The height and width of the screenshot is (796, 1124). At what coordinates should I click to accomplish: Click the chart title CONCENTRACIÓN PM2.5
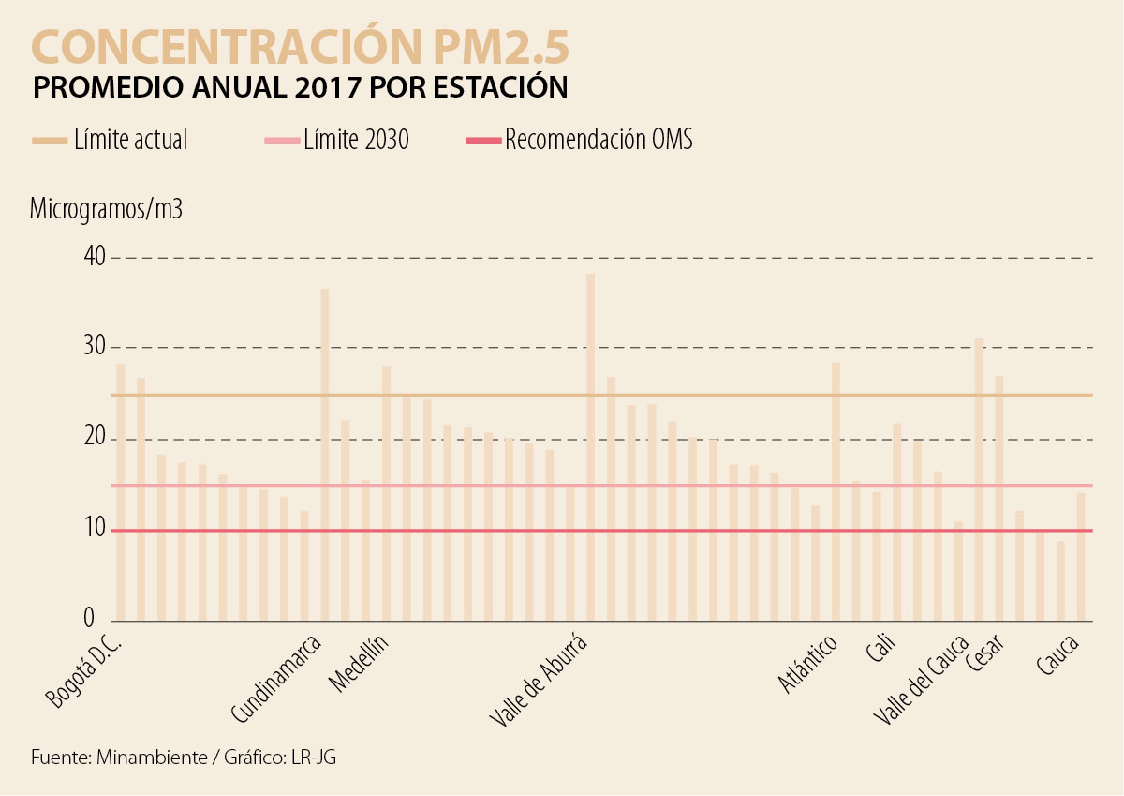coord(301,46)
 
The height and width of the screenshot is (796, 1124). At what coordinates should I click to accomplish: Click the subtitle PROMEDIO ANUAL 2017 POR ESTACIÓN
coord(300,87)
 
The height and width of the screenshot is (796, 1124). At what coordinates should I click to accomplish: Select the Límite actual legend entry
coord(130,141)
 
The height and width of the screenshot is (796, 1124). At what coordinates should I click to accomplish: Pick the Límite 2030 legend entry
coord(356,141)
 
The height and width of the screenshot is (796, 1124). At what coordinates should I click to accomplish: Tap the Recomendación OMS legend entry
coord(599,141)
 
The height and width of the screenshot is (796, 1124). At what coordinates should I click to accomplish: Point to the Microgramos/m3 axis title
coord(106,209)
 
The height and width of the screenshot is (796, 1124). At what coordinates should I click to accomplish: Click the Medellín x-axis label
coord(360,664)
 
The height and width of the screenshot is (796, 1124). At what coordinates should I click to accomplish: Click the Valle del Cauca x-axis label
coord(921,679)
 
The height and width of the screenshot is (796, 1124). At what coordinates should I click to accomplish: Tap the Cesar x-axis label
coord(986,658)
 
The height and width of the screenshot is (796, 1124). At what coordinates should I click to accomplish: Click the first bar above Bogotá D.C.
coord(120,492)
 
